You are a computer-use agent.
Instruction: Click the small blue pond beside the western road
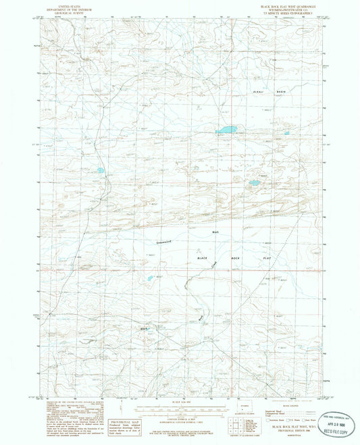pos(101,171)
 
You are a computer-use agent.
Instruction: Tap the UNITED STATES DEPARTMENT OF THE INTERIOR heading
pos(70,8)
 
